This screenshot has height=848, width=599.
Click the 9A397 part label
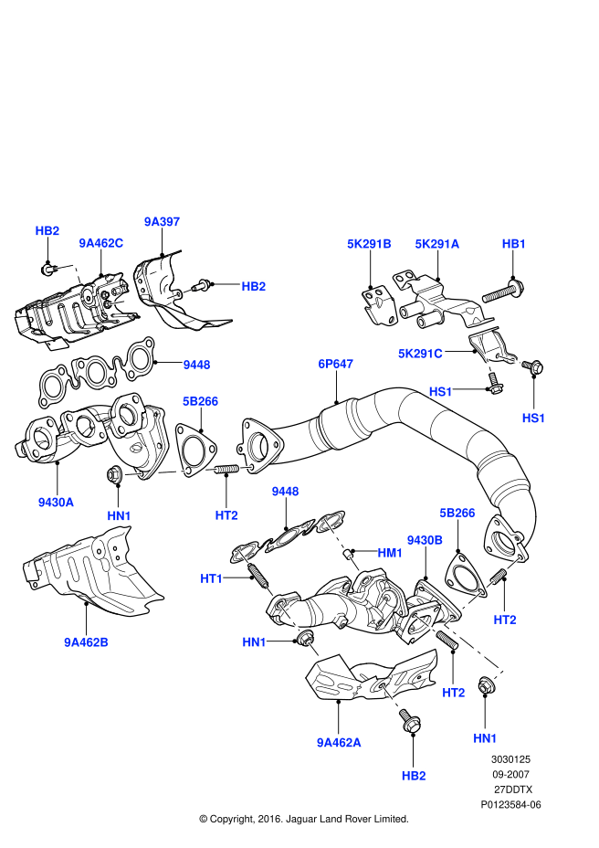(163, 221)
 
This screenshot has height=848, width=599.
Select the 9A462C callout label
(100, 243)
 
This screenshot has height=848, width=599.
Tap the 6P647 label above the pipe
(335, 364)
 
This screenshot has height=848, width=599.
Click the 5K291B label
(369, 244)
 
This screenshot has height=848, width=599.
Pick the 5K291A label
(437, 244)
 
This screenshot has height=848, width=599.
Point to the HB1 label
(514, 244)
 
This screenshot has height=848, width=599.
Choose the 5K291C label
(420, 353)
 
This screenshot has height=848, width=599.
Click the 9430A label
(57, 502)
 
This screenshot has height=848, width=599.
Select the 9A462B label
(87, 641)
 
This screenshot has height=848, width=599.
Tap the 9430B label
(425, 540)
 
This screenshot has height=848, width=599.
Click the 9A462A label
(339, 742)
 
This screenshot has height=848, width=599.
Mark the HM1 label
(390, 553)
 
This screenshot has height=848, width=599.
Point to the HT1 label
(212, 578)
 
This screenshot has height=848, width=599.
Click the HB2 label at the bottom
(414, 775)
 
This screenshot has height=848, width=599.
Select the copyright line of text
(303, 819)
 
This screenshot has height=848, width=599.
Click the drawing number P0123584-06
(510, 804)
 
